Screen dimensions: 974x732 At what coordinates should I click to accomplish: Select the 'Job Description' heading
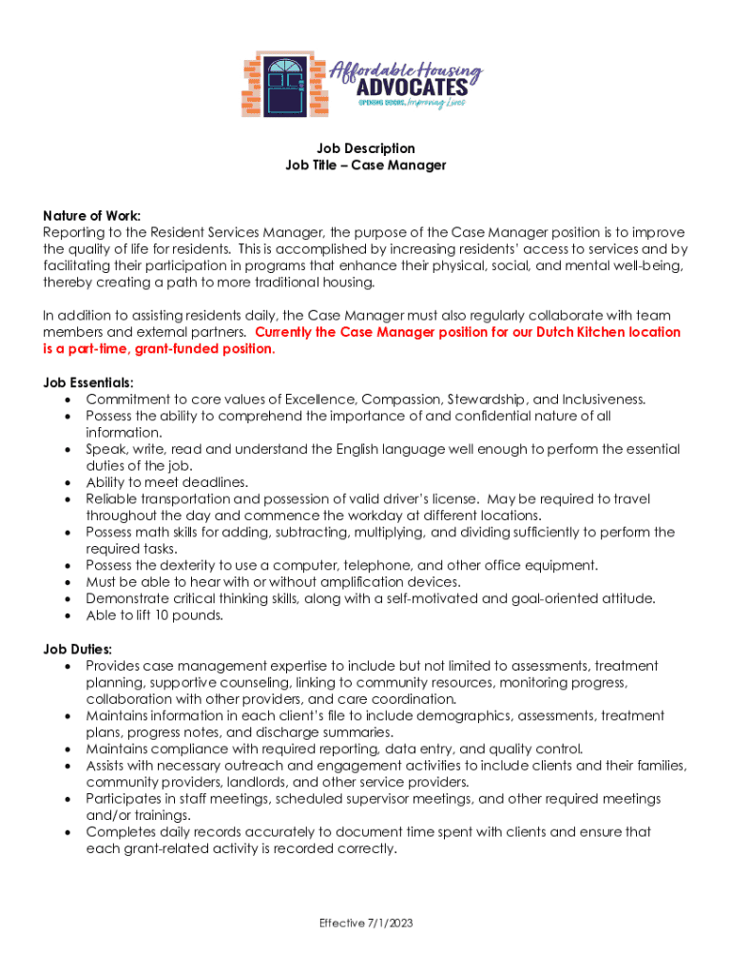[366, 148]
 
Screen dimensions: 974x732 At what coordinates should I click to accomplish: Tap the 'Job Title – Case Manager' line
[366, 166]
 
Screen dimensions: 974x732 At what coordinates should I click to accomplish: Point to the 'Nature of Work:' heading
[91, 216]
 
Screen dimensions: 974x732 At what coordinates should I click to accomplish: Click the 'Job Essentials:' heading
[87, 382]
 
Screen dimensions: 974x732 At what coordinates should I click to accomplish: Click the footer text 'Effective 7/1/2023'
[366, 923]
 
